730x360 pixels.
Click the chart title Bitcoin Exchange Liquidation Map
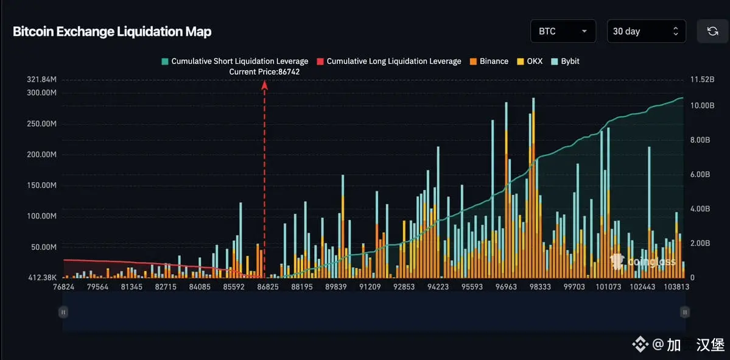click(x=112, y=32)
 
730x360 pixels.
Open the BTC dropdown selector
click(x=563, y=31)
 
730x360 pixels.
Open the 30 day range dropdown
click(x=646, y=31)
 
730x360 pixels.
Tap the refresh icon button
click(x=712, y=31)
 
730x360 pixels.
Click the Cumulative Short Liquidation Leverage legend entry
click(x=234, y=62)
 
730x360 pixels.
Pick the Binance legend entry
click(x=489, y=62)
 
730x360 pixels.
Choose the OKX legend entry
click(x=529, y=62)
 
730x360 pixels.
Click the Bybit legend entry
click(x=566, y=62)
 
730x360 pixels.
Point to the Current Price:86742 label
click(x=264, y=72)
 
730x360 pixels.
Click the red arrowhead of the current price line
click(x=265, y=85)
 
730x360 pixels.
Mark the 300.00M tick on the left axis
click(x=42, y=93)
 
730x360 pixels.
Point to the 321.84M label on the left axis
click(x=42, y=80)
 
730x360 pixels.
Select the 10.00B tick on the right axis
click(x=701, y=105)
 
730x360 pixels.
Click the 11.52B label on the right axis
click(x=701, y=80)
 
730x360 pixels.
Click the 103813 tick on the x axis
click(x=676, y=287)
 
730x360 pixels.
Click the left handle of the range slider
click(x=63, y=312)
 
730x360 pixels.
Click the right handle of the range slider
click(x=685, y=312)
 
